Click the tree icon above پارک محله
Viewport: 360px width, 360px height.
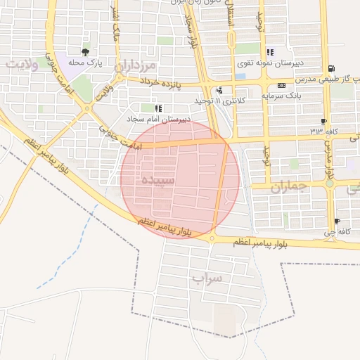pos(86,52)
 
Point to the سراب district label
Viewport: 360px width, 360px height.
pos(207,278)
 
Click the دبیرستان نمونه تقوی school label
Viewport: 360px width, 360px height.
pos(299,63)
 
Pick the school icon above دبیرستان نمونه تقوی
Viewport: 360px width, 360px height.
pos(270,52)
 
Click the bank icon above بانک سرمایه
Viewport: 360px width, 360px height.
pos(281,85)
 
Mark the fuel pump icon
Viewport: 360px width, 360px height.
pos(331,68)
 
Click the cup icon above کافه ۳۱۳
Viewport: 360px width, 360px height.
pos(323,121)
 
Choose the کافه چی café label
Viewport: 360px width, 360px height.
pos(336,231)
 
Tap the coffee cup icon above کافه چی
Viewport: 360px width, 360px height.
pos(337,221)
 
